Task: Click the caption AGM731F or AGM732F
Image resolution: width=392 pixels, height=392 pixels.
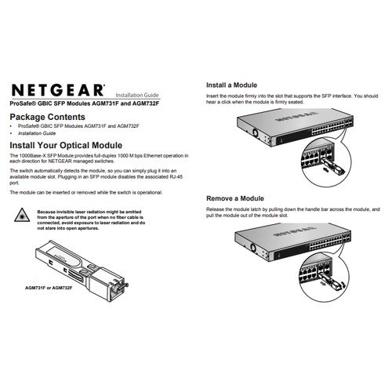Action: tap(49, 289)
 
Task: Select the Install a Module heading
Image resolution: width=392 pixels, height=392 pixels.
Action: tap(232, 85)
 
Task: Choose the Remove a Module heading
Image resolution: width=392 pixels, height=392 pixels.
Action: tap(236, 198)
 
